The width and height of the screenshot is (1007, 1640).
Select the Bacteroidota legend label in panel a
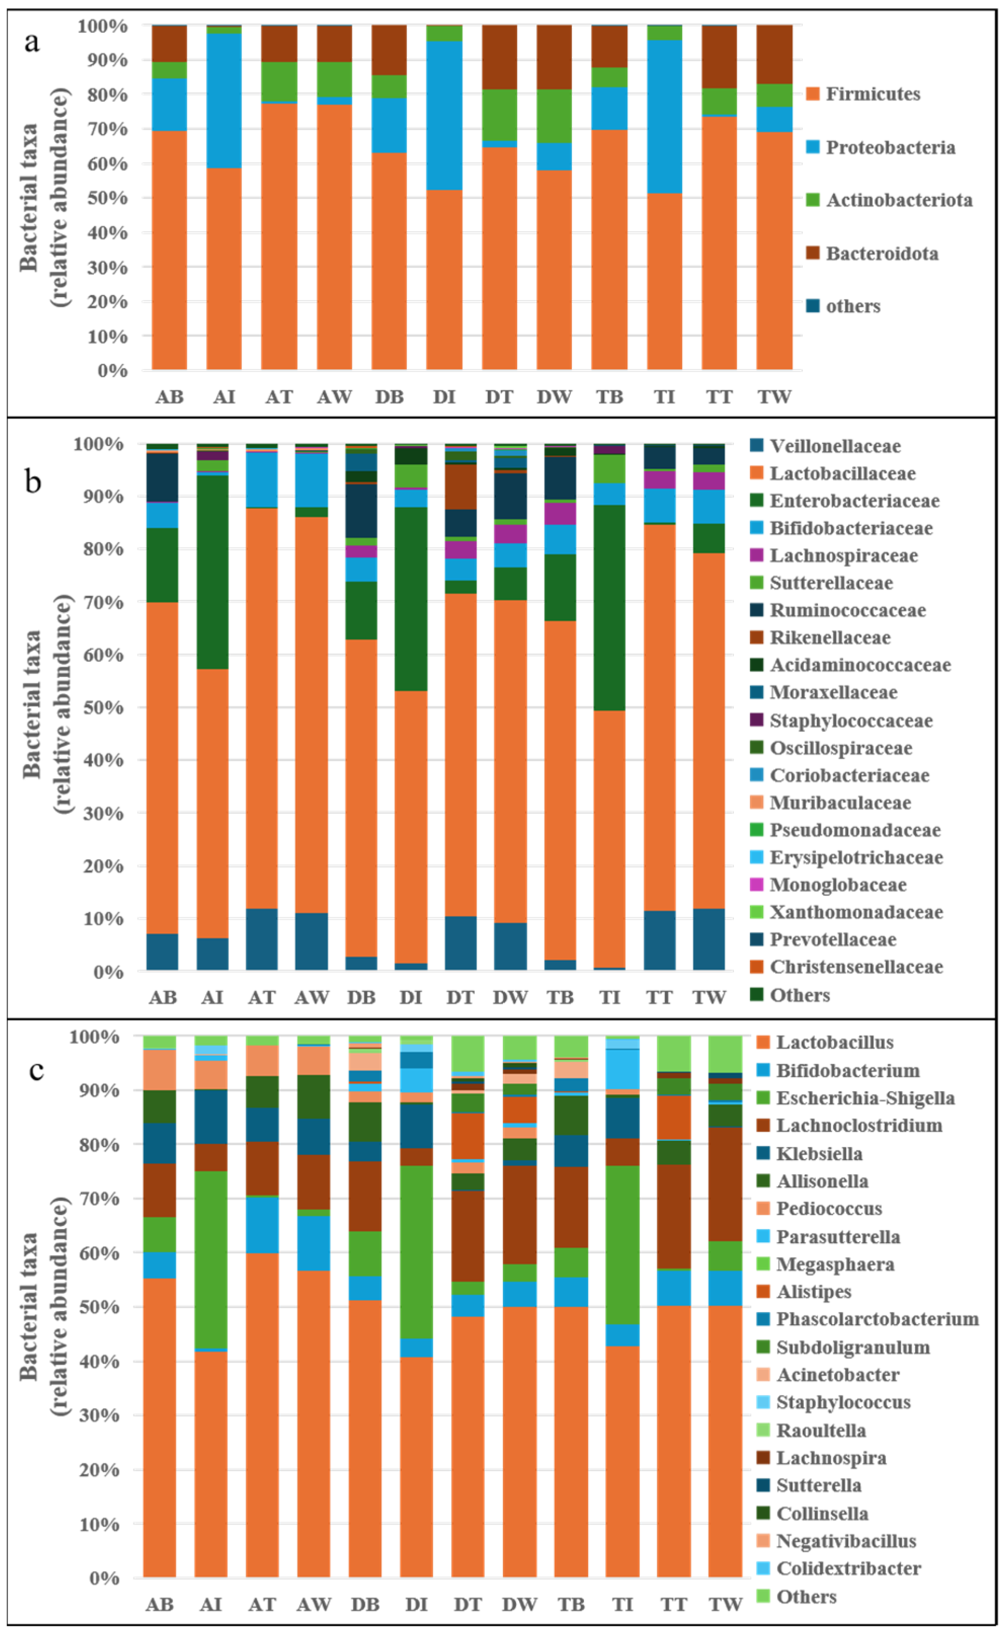882,254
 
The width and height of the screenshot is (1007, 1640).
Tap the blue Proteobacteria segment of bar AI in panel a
224,100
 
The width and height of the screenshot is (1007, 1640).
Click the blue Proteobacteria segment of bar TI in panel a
664,116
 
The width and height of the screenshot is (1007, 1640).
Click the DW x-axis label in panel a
554,397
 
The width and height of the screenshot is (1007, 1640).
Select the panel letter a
31,42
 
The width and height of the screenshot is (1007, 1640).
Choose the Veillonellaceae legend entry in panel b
834,446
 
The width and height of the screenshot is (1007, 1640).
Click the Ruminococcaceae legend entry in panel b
847,610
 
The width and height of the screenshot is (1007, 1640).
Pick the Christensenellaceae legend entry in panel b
856,967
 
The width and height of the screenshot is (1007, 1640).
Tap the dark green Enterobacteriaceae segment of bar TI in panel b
609,607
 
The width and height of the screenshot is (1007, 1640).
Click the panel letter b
32,481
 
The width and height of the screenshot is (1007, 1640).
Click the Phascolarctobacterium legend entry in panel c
876,1319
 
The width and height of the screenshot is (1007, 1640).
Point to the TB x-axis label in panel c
571,1605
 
